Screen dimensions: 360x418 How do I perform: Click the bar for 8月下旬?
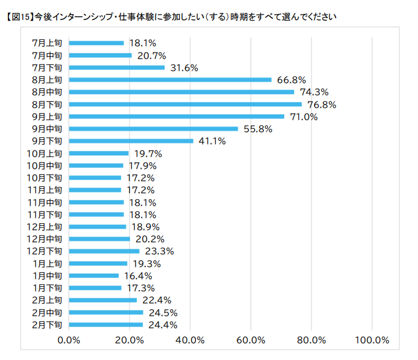coord(185,104)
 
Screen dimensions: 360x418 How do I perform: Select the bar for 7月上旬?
coord(96,43)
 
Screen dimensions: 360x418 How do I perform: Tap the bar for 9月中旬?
coord(154,128)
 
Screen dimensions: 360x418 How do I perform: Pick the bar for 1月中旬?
coord(94,275)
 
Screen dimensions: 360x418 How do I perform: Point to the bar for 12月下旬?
coord(104,251)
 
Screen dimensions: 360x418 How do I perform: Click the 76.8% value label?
coord(322,104)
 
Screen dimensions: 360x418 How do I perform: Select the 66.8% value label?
coord(292,79)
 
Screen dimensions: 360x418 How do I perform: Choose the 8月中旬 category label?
coord(47,92)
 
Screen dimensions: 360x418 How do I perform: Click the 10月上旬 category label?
coord(44,153)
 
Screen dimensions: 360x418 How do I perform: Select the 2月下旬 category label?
coord(47,324)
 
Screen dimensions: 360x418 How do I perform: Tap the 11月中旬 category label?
coord(44,202)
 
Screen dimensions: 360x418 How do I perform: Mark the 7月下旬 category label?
coord(47,67)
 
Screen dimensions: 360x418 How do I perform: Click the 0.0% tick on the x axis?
coord(69,340)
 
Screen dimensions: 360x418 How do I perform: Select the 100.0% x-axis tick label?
coord(372,340)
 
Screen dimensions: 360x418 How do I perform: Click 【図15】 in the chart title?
coord(18,16)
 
